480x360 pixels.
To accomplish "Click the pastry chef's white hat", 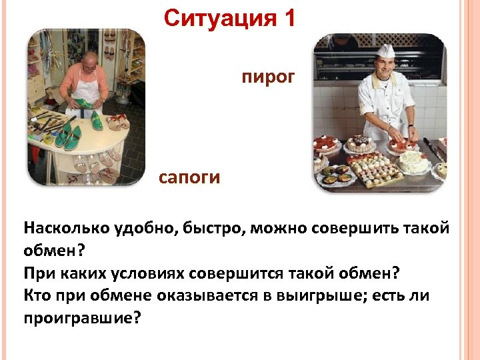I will [x=385, y=50].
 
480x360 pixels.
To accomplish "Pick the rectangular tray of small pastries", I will [x=376, y=170].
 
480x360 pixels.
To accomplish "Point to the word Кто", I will [x=37, y=295].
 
